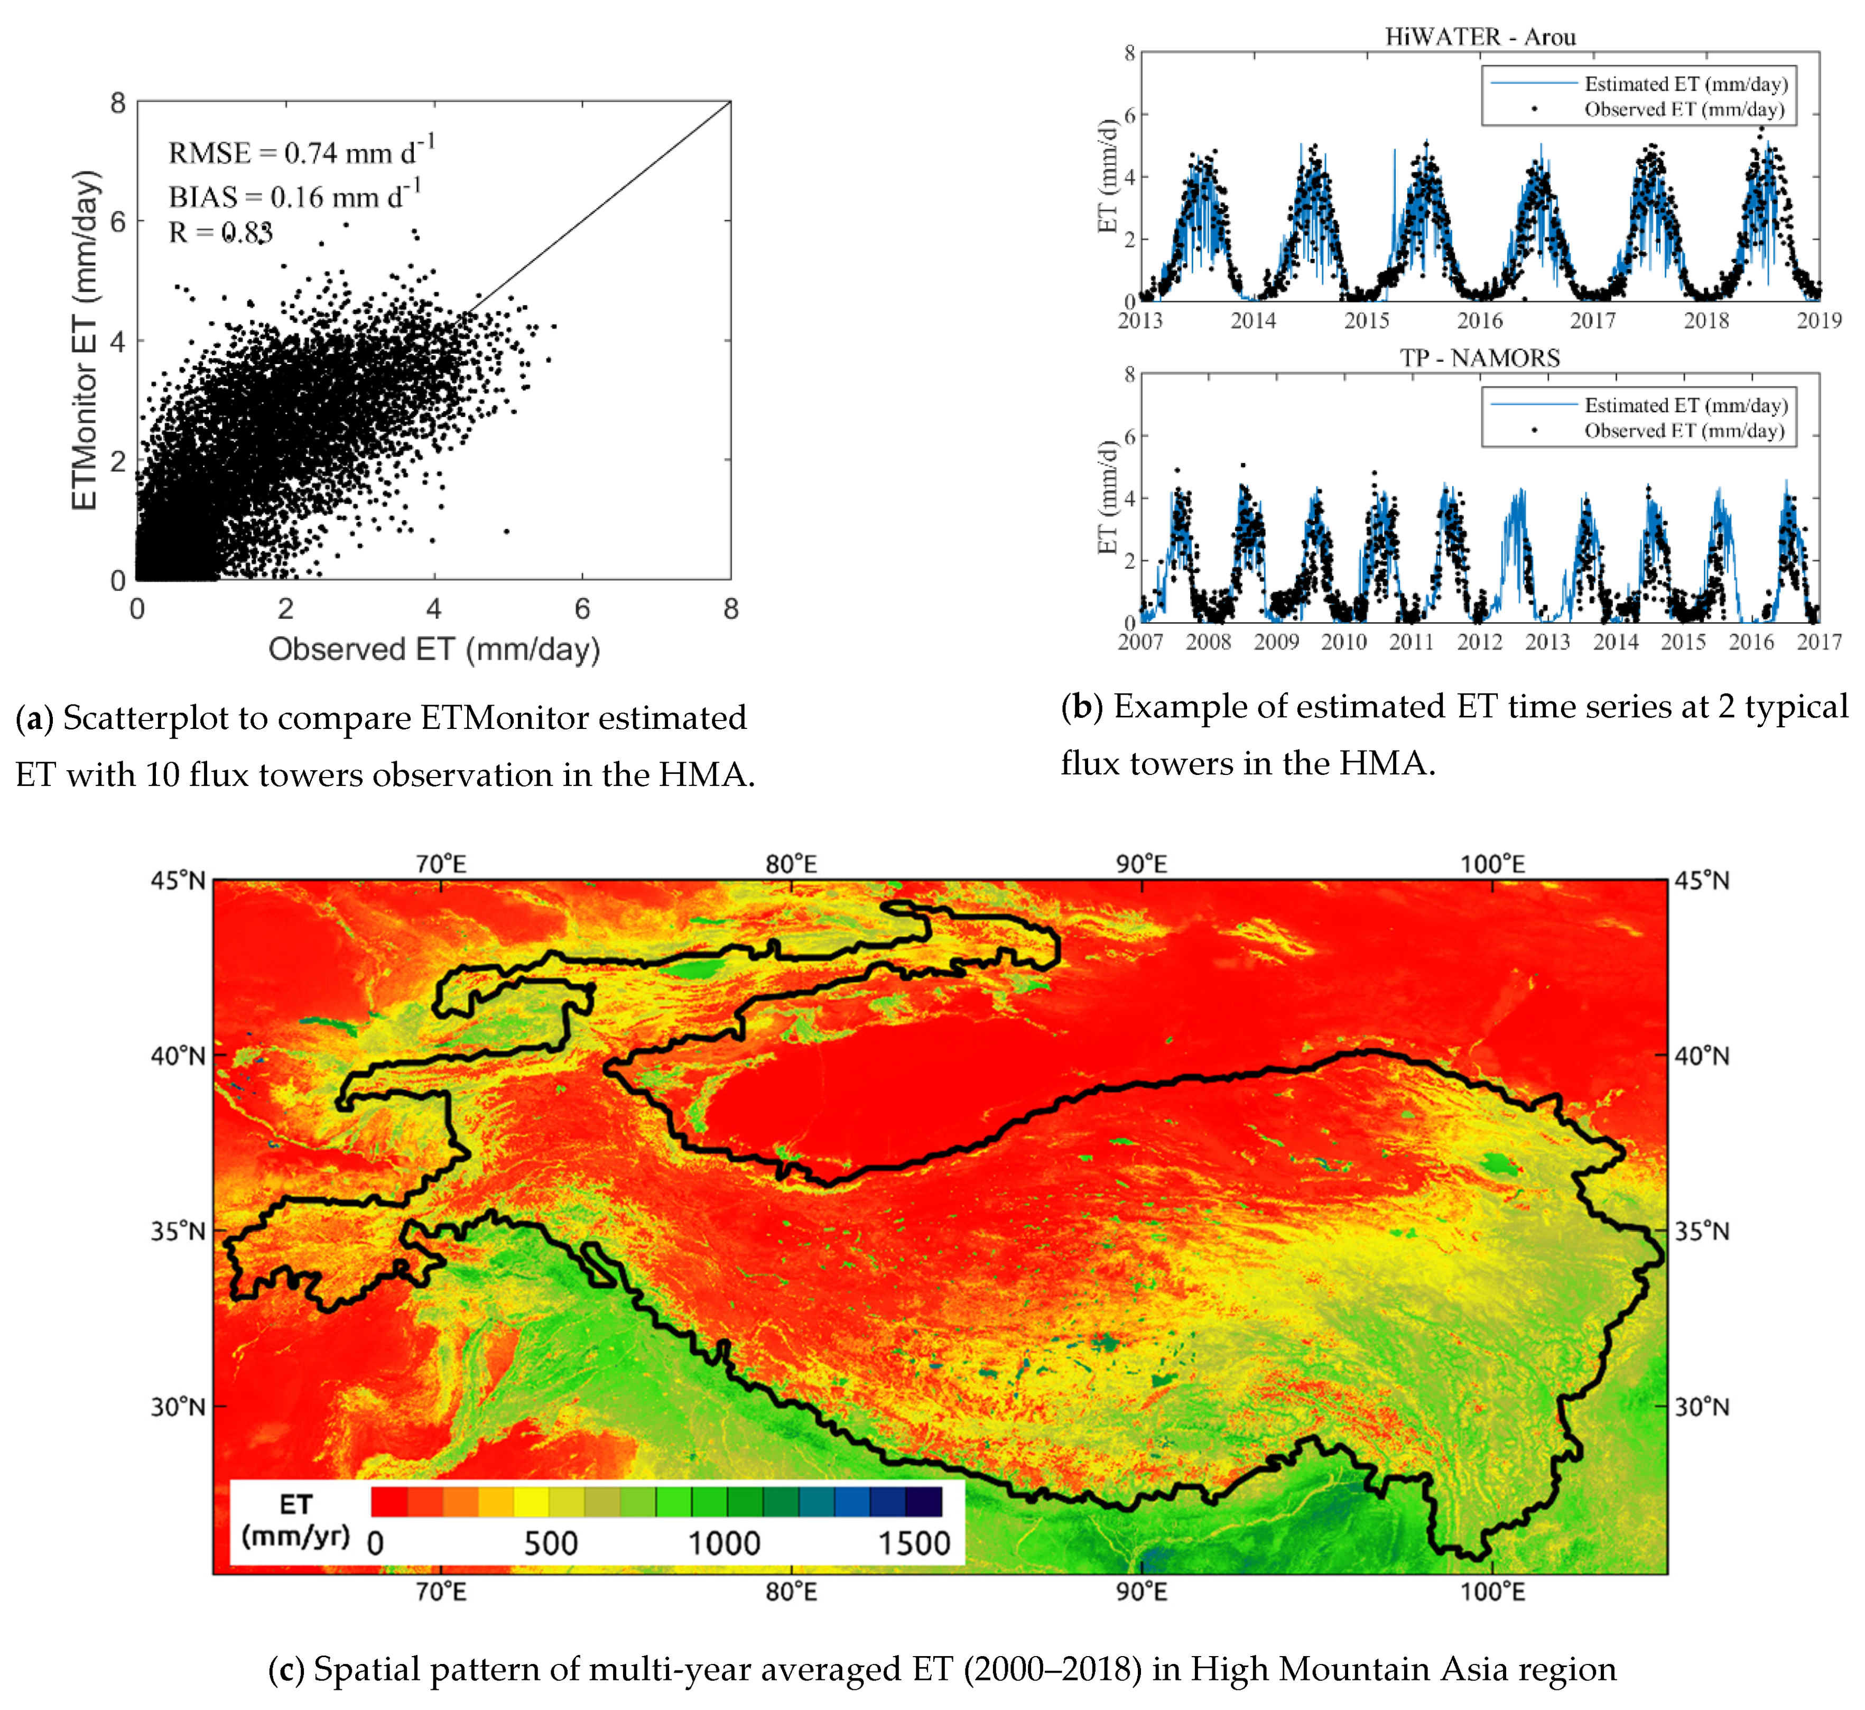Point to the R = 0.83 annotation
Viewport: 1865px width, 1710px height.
[x=220, y=232]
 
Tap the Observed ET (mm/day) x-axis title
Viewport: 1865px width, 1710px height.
[x=434, y=650]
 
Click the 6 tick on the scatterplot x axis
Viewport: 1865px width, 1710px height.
[x=582, y=609]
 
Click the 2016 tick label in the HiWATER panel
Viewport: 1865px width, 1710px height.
[x=1480, y=320]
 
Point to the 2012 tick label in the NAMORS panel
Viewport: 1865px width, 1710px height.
[x=1479, y=641]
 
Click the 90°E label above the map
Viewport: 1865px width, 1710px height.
[x=1142, y=864]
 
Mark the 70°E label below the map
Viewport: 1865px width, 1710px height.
[x=441, y=1592]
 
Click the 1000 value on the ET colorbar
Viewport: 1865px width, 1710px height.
[x=723, y=1543]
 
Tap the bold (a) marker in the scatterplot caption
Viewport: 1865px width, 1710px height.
[x=34, y=718]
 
